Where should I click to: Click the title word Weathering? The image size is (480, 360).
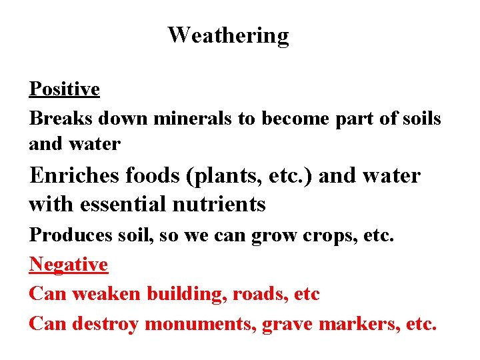coord(228,35)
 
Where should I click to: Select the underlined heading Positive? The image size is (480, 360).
coord(65,89)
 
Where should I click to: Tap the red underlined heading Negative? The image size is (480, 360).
coord(69,265)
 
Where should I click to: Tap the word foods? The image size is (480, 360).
coord(153,175)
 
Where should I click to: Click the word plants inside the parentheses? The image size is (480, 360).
coord(223,177)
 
